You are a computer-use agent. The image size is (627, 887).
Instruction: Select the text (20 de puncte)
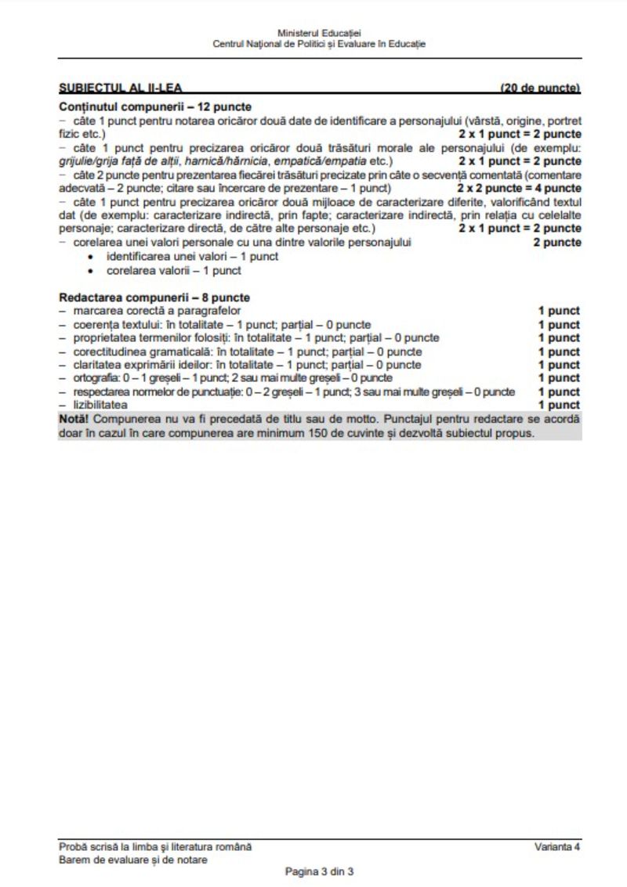click(x=541, y=88)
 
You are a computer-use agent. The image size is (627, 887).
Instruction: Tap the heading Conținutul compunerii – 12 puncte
click(x=149, y=106)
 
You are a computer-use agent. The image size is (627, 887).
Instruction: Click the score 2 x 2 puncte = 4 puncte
click(x=519, y=189)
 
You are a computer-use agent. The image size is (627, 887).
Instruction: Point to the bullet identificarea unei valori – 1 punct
click(x=192, y=257)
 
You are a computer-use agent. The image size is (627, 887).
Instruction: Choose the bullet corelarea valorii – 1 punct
click(x=173, y=270)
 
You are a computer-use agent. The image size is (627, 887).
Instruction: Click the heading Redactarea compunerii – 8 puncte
click(x=154, y=298)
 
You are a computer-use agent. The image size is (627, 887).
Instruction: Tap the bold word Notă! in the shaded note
click(x=74, y=420)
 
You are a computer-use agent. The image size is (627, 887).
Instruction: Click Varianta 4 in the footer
click(x=558, y=847)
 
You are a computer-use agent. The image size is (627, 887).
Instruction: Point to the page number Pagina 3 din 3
click(x=320, y=871)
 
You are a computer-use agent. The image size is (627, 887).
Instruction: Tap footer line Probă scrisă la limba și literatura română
click(x=155, y=847)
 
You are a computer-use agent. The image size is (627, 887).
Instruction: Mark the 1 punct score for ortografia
click(x=559, y=378)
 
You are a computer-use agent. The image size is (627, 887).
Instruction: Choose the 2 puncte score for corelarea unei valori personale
click(x=557, y=243)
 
